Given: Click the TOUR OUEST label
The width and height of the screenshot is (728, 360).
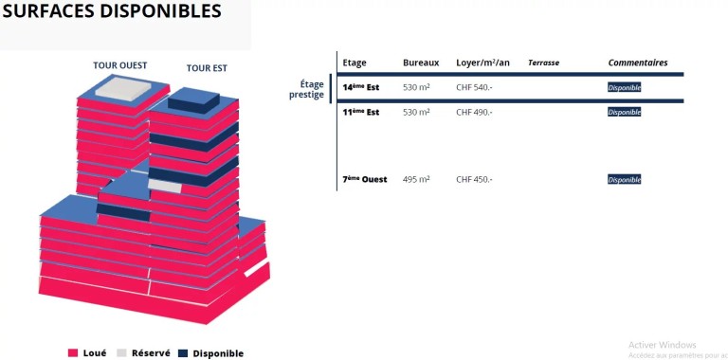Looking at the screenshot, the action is point(119,65).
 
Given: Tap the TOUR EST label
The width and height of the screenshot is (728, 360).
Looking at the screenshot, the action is point(207,68).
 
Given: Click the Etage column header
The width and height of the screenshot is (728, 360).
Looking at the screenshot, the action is point(355,63).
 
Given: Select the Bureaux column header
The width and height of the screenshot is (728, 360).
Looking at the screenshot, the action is point(421,63).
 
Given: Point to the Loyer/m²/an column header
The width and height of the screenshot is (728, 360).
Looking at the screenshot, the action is point(482,63).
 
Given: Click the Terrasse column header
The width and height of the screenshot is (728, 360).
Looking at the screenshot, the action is point(544,63).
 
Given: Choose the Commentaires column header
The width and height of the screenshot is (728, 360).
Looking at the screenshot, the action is point(638,63).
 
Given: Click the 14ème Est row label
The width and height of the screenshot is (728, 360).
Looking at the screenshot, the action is point(361,87).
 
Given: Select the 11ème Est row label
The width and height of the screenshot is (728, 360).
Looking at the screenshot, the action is point(361,112).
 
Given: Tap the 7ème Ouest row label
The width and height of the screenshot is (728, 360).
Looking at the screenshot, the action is point(365,179).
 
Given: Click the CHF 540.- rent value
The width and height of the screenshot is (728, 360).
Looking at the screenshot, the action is point(474,87).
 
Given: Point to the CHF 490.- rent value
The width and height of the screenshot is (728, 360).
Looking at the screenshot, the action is point(474,112).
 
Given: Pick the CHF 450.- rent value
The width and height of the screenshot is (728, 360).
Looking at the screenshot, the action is point(474,179).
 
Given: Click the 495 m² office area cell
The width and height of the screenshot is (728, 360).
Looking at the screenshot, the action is point(416,179).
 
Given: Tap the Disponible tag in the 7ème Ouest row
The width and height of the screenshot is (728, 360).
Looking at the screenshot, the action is point(625,180).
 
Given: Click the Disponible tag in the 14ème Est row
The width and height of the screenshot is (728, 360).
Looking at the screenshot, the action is point(625,88).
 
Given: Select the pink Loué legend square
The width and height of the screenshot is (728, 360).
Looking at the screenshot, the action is point(72,353).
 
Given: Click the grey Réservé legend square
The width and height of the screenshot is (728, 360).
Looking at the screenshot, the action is point(121,353).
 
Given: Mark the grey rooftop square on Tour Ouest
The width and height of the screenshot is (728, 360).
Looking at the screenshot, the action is point(123,89).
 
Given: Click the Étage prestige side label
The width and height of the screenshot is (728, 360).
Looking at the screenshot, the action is point(306,90).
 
